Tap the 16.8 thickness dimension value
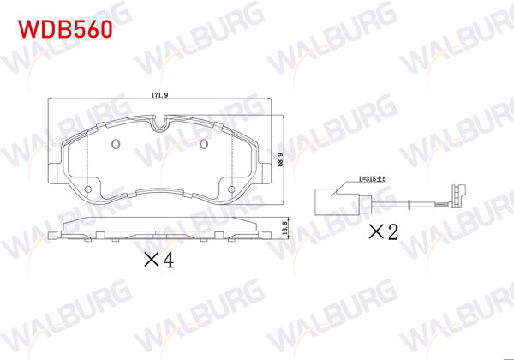coord(283,230)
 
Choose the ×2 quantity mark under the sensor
coord(384,231)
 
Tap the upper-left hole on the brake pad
coord(116,144)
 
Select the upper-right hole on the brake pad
coord(204,144)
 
